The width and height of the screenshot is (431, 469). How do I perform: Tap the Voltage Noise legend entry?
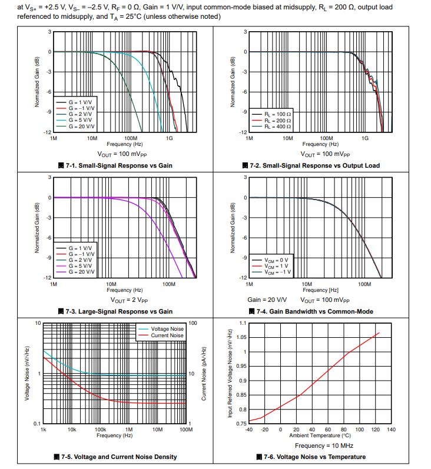[167, 329]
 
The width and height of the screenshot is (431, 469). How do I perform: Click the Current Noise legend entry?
[167, 335]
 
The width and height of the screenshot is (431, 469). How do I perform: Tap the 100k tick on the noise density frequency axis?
[100, 430]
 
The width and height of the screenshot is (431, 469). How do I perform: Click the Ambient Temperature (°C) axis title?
[320, 436]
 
